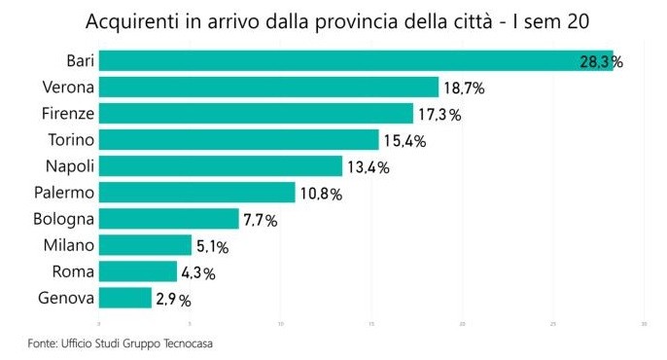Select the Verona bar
[268, 88]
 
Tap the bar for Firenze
[256, 114]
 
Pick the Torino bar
[238, 140]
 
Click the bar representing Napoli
[221, 166]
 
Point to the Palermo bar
[196, 193]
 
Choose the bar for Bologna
[168, 219]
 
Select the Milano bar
[145, 245]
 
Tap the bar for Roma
[138, 271]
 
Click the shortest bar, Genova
[125, 298]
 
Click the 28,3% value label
[601, 61]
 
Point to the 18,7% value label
[464, 89]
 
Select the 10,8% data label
[321, 194]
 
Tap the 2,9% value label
[173, 300]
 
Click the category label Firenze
[68, 114]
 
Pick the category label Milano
[69, 245]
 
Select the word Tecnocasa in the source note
[189, 342]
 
